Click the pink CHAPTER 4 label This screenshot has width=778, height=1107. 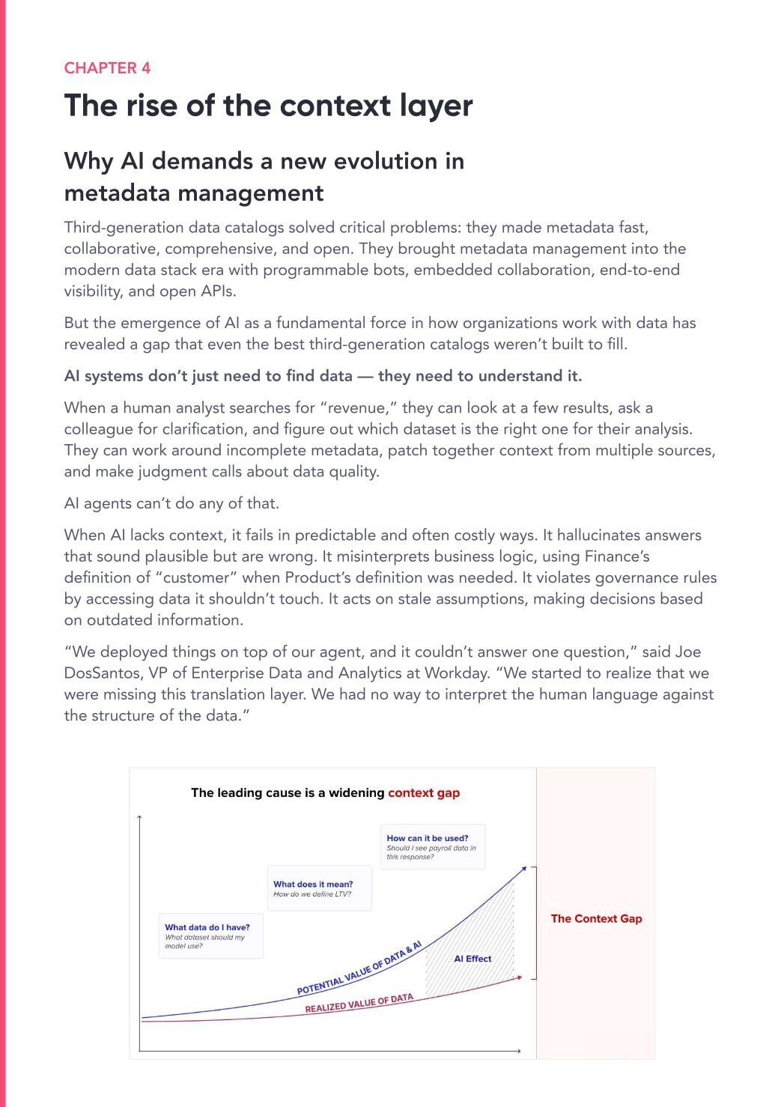[x=107, y=68]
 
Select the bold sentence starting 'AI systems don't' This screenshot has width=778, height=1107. [x=323, y=376]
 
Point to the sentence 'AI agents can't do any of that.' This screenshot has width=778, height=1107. [x=171, y=503]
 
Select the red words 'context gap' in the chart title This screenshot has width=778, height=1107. [x=424, y=792]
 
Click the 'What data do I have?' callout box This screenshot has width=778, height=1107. [x=210, y=935]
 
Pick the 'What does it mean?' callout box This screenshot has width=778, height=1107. [x=319, y=888]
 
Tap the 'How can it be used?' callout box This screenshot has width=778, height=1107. [x=433, y=846]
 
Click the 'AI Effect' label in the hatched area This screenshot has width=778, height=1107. [x=472, y=959]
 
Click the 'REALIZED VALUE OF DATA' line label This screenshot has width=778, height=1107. [x=359, y=1004]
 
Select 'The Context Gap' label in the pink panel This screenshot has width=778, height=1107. [x=596, y=919]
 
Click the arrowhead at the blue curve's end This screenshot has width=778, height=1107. [x=523, y=868]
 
